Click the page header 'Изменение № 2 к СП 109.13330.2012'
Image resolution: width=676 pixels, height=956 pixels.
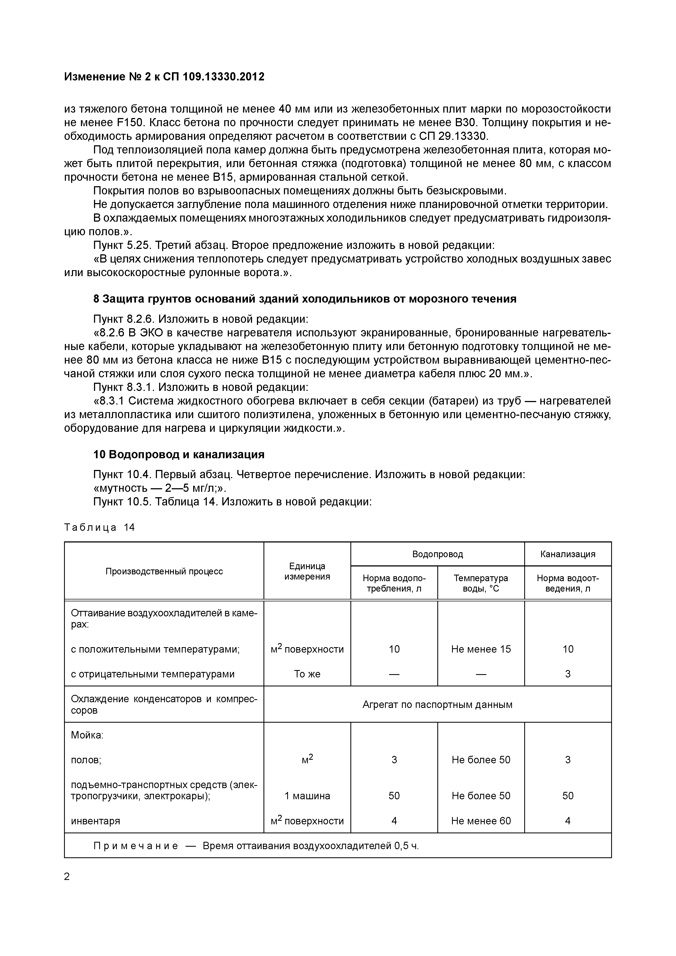click(x=164, y=77)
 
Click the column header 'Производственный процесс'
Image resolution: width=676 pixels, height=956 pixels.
click(x=164, y=571)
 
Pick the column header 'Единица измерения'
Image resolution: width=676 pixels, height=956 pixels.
click(x=307, y=571)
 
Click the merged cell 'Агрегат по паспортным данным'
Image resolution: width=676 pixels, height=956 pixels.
click(x=437, y=705)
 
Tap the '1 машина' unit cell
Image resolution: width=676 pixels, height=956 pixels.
click(x=307, y=796)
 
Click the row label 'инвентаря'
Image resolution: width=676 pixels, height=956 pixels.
click(x=95, y=821)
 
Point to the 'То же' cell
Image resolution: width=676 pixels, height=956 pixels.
click(x=307, y=674)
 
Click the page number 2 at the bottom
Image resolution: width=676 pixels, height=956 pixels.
click(x=67, y=877)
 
